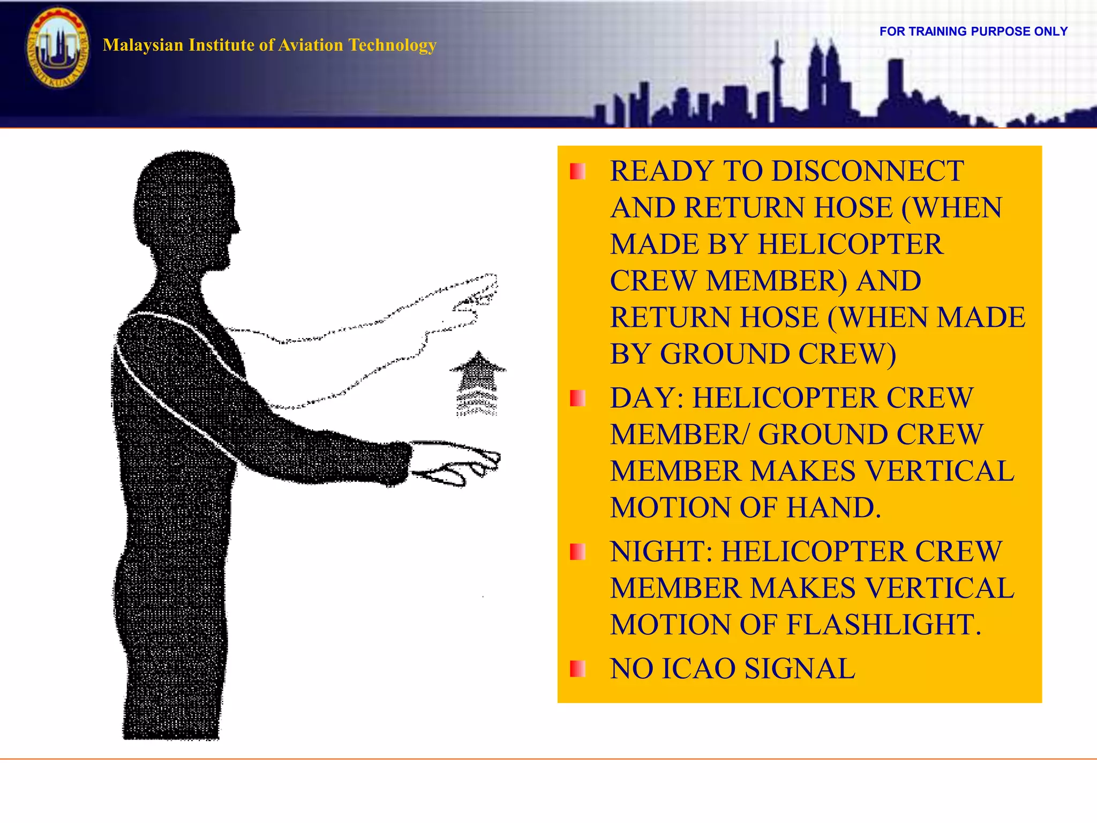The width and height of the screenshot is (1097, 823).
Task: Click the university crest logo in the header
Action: point(58,47)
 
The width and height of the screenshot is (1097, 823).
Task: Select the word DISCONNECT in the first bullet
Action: point(867,171)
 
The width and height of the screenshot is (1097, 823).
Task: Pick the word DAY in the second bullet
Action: point(643,398)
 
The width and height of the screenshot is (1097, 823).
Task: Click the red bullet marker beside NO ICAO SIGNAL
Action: point(577,669)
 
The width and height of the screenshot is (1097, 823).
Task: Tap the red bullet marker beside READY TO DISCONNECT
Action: point(577,171)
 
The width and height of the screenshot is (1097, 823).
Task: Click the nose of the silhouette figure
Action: point(236,228)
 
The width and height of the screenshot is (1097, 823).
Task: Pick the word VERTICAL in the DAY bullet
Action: point(940,472)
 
